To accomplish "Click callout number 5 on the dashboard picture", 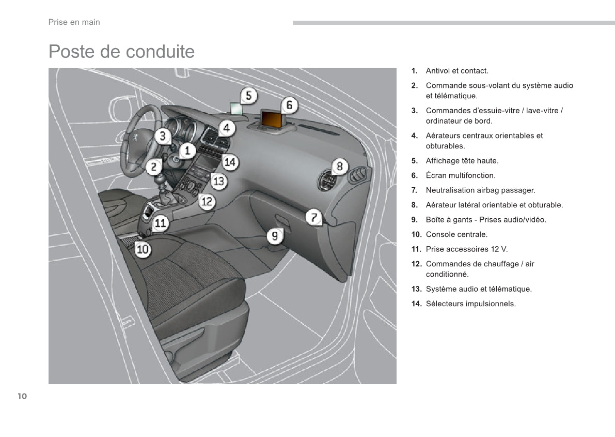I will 248,96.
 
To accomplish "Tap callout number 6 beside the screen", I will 289,105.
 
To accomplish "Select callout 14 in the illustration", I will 230,162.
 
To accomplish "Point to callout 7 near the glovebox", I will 314,217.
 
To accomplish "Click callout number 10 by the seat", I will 143,249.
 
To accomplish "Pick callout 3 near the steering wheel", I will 163,136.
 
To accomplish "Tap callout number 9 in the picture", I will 275,237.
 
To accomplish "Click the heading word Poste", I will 71,52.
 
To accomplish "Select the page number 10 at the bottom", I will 22,397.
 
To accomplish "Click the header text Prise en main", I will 74,22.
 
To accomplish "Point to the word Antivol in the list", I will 437,71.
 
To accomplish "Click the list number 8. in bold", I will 414,205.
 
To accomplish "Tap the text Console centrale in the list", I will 456,235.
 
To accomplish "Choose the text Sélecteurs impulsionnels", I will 470,304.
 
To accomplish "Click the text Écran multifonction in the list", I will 460,176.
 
